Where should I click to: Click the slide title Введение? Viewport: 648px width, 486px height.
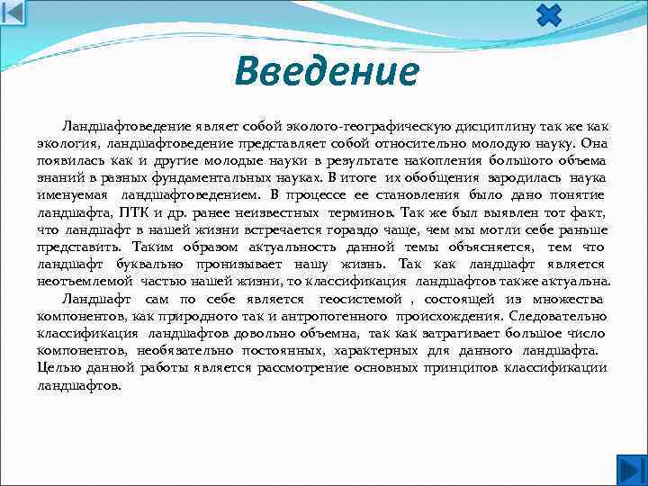point(326,72)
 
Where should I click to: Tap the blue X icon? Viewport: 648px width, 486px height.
point(549,15)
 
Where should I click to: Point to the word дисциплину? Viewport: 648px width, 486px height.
point(484,125)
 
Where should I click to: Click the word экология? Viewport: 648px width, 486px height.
point(67,142)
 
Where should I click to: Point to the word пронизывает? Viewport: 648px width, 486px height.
point(237,263)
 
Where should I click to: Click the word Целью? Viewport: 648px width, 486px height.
point(56,366)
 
